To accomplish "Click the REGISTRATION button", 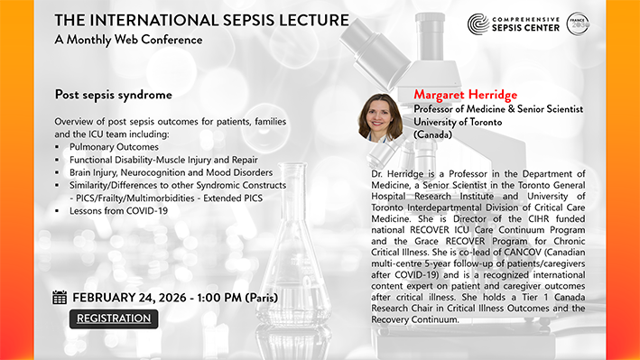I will tap(114, 318).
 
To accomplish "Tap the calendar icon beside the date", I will tap(60, 298).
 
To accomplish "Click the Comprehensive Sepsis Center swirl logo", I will tap(478, 24).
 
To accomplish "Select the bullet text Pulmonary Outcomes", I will tap(114, 146).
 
